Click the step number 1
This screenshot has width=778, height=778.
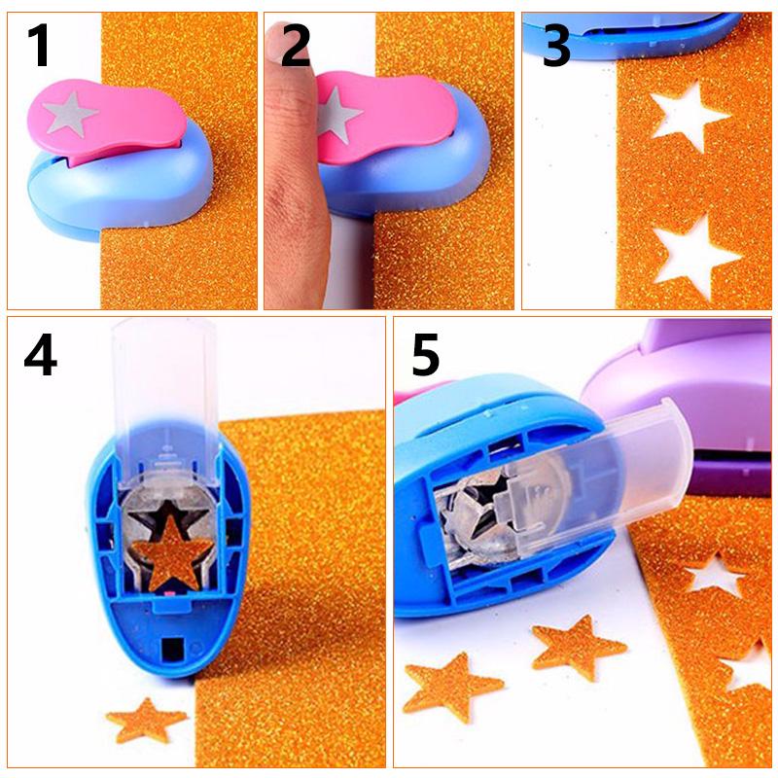click(38, 46)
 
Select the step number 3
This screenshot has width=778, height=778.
click(555, 46)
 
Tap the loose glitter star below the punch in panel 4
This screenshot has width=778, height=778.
click(146, 722)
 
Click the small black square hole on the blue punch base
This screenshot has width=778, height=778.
click(176, 647)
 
